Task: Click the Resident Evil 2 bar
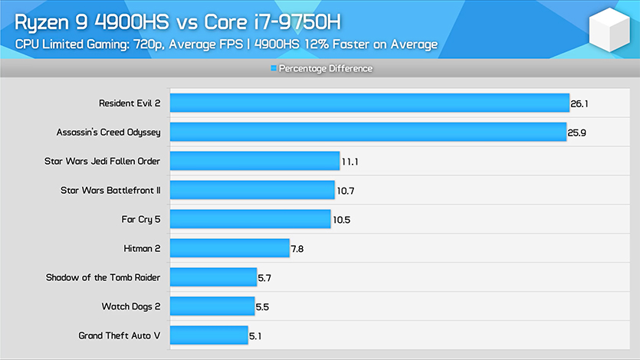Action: click(369, 103)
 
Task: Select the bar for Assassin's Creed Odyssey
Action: click(368, 132)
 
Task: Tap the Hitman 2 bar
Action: click(229, 247)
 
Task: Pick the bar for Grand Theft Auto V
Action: click(208, 335)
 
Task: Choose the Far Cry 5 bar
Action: click(250, 219)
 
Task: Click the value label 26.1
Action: click(579, 103)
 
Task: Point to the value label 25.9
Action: click(578, 132)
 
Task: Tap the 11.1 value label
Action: click(351, 161)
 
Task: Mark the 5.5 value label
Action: click(262, 306)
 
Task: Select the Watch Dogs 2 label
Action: click(131, 306)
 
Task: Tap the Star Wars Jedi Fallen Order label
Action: click(103, 161)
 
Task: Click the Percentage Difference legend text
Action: click(325, 69)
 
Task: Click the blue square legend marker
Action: click(274, 69)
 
